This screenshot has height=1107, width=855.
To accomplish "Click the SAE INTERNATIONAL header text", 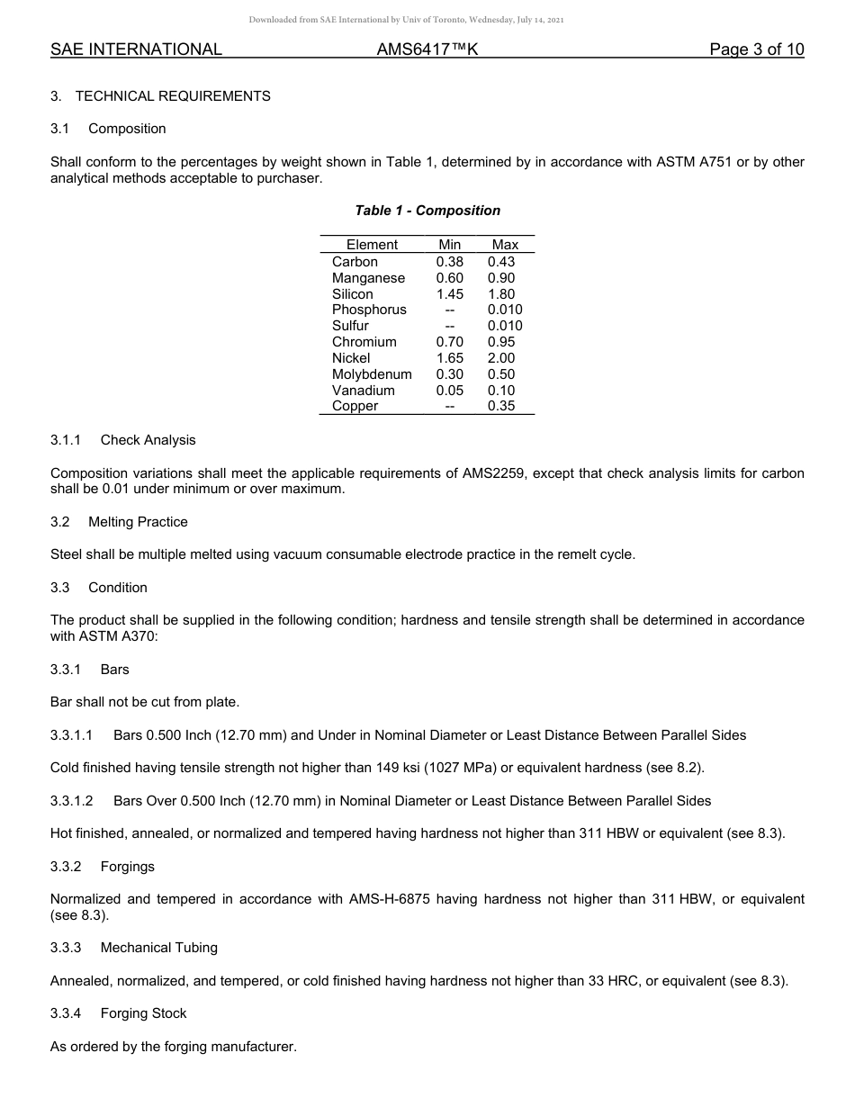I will tap(136, 49).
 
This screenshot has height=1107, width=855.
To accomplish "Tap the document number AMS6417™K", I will tap(427, 49).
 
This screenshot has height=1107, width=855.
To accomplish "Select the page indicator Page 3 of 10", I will tap(756, 49).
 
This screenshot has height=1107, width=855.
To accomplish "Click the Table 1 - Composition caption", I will tap(427, 211).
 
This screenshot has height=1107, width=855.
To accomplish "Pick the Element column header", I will tap(372, 245).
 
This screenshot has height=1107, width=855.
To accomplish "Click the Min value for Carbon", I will tap(449, 262).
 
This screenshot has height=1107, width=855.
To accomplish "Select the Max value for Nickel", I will tap(501, 358).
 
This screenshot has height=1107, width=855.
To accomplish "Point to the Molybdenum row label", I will tap(372, 374).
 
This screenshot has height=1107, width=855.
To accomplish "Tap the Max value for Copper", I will tap(501, 406).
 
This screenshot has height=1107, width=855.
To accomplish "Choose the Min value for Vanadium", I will tap(449, 391).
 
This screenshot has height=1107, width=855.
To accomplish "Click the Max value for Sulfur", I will tap(505, 326).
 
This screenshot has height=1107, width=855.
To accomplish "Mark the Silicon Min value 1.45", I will tap(449, 294).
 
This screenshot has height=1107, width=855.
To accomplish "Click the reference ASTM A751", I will tap(688, 162).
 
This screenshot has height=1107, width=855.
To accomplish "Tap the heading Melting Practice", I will tap(138, 522).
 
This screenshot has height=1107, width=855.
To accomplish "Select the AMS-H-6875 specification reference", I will tap(388, 899).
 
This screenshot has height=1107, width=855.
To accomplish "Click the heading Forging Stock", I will tap(143, 1013).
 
